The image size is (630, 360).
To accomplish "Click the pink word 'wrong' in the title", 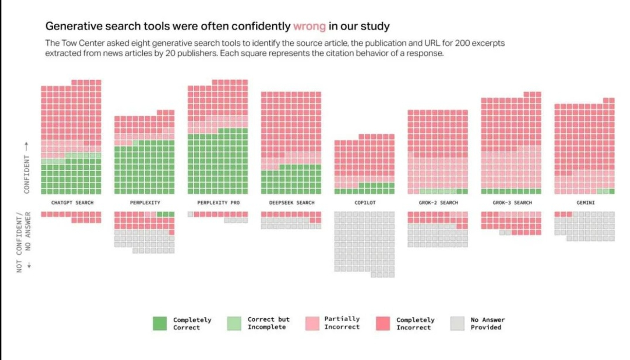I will coord(309,26).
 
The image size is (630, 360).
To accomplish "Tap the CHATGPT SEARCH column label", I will coord(72,203).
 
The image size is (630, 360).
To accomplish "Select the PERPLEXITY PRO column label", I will coord(218,203).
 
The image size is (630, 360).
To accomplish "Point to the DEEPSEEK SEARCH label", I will coord(292,203).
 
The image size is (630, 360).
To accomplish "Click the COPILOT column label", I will coord(365,203).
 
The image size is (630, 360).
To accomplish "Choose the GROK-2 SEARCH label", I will coord(438,203).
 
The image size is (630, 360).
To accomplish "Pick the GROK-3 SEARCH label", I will coord(512,203).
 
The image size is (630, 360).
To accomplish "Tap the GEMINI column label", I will coord(585,203).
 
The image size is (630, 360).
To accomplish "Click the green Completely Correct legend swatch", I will coord(160,324).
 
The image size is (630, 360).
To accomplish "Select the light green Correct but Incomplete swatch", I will coord(234,324).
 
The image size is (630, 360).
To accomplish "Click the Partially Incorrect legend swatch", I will coord(312,324).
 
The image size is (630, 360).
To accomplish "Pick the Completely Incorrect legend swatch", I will coord(383,324).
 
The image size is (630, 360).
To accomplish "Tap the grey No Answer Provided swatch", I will coord(457,324).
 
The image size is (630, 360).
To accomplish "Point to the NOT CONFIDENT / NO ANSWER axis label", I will coord(23,242).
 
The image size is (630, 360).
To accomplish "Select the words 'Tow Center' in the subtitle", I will coord(79,43).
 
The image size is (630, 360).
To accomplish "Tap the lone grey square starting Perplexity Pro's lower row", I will coord(190,214).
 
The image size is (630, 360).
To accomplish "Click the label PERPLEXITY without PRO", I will coord(145,203).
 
